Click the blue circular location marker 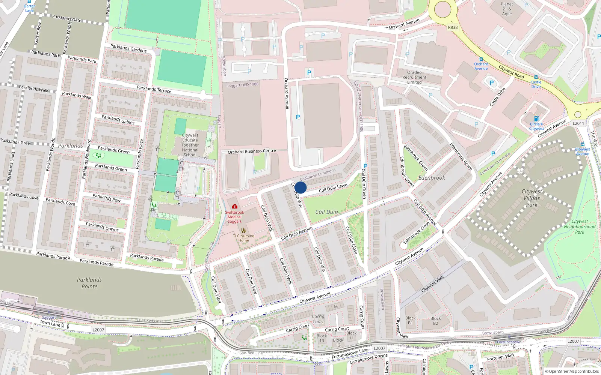point(300,187)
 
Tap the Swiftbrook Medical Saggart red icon point(235,206)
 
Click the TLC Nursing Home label point(244,238)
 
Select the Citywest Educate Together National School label point(190,145)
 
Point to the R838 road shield point(453,27)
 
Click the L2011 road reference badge point(578,123)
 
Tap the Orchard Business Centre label point(252,151)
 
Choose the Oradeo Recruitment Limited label point(414,77)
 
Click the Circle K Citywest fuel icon point(536,118)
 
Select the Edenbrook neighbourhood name point(432,178)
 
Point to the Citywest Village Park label point(532,198)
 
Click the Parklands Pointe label point(89,283)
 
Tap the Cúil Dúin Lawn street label point(333,188)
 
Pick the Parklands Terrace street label point(154,89)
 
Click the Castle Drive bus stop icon point(536,77)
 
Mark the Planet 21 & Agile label point(507,9)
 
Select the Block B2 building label point(436,321)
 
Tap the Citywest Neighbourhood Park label point(580,227)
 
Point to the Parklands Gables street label point(118,120)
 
